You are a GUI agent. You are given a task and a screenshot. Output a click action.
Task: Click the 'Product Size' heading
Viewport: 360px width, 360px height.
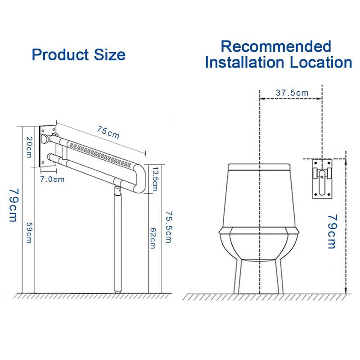point(79,55)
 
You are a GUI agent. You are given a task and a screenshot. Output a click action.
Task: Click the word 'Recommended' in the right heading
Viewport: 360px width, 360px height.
point(276,46)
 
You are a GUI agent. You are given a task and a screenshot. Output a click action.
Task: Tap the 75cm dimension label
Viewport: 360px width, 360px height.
point(108,131)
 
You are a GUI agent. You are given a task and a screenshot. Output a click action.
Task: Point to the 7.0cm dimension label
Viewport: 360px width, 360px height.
point(53,179)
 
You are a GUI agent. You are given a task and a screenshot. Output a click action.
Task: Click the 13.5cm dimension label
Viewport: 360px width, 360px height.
point(155,178)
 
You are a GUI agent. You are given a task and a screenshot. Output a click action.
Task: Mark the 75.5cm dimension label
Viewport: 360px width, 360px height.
point(168,227)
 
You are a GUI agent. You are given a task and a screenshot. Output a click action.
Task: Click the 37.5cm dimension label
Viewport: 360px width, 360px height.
point(292,93)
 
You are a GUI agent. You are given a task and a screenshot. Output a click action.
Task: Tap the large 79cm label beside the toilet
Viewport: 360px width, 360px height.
point(332,231)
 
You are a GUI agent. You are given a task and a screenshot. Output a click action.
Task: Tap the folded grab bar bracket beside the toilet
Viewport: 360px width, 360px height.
point(322,178)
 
